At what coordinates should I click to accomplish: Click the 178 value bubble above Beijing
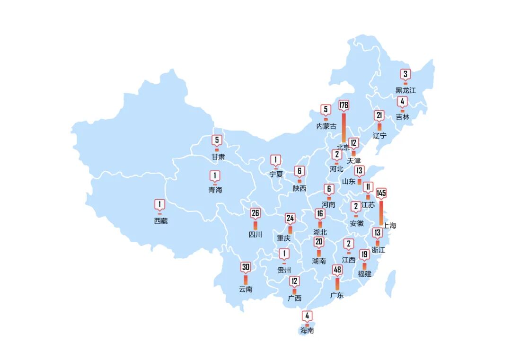point(344,105)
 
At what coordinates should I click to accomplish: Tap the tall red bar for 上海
point(381,213)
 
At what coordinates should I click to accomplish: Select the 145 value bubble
point(381,193)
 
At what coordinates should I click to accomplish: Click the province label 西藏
point(160,221)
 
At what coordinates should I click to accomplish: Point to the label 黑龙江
point(405,90)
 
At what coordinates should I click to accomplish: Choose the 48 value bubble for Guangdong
point(337,270)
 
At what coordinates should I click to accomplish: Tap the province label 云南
point(246,289)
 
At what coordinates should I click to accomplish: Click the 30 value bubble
point(246,267)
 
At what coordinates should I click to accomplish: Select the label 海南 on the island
point(307,330)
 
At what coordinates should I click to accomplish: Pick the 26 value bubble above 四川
point(255,213)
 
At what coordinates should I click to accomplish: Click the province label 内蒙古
point(326,126)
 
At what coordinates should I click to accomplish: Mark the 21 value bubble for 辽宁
point(379,115)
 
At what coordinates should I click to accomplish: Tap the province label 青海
point(215,190)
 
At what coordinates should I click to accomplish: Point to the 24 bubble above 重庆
point(290,218)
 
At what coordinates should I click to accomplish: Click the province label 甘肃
point(218,156)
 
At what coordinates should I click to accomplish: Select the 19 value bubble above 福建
point(364,255)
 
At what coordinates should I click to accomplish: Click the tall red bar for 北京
point(344,127)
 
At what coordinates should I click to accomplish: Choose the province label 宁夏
point(276,174)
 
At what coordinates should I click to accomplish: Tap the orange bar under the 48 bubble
point(337,283)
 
